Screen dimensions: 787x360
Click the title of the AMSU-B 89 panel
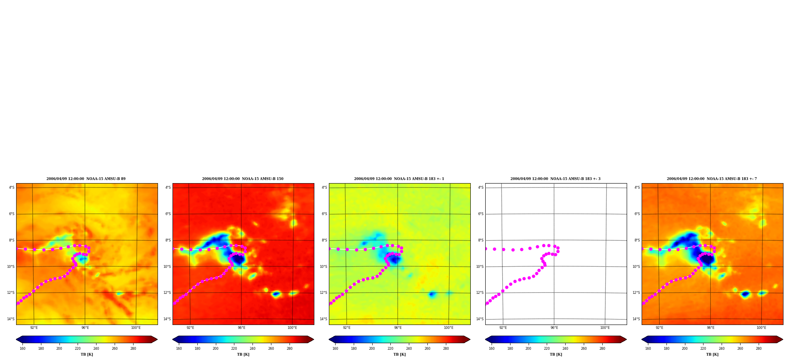[x=86, y=179]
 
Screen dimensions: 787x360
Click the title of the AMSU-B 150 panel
[x=243, y=179]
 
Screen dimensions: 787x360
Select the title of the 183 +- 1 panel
[x=399, y=179]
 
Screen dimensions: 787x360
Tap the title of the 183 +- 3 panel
[x=555, y=179]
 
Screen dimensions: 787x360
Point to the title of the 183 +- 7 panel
[x=712, y=179]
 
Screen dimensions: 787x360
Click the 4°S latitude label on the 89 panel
[x=12, y=187]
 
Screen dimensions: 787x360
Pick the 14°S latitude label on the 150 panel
[x=167, y=319]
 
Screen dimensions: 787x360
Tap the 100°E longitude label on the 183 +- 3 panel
[x=605, y=328]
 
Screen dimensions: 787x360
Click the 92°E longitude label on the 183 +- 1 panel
[x=347, y=328]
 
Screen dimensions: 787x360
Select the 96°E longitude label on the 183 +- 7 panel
[x=711, y=328]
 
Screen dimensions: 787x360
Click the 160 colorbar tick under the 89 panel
[x=22, y=348]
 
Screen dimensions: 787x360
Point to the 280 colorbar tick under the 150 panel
[x=290, y=348]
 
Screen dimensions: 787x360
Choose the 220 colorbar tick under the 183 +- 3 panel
[x=547, y=348]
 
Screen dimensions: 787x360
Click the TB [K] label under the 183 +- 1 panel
[x=399, y=354]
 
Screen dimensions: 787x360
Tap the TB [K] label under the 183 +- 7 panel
[x=712, y=354]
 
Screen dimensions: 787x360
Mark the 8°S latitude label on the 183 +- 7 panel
[x=637, y=240]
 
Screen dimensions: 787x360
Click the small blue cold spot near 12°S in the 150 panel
[x=276, y=294]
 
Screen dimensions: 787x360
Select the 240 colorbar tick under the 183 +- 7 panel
[x=722, y=348]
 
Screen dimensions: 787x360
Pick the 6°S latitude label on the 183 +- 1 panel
[x=324, y=214]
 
